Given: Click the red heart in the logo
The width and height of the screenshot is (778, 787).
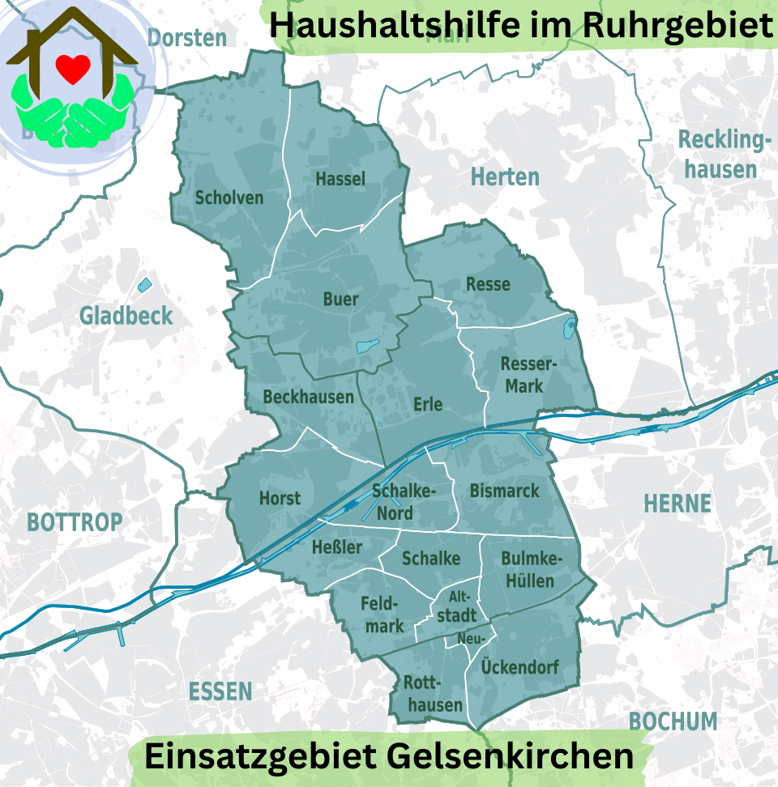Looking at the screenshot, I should point(74,70).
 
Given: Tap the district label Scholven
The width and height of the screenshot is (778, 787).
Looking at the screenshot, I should point(229,198).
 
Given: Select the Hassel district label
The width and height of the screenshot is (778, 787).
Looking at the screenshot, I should point(340,179).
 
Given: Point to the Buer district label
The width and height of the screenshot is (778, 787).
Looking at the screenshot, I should point(340,300).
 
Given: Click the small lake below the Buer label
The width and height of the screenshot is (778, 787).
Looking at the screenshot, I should point(368,347).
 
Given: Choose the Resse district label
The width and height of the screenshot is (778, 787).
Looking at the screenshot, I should point(488,283).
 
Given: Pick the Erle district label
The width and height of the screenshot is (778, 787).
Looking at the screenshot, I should point(428,403).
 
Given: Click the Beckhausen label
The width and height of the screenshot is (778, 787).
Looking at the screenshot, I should point(309,397).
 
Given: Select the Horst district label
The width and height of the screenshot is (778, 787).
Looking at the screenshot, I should point(280,498).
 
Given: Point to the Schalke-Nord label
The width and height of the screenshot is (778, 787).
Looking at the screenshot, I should point(403,502).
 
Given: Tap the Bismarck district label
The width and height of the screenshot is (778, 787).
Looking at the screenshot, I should point(504,490).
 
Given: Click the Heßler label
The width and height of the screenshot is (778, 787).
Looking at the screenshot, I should point(337,547).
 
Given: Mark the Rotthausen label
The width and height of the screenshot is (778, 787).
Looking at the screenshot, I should point(435,694).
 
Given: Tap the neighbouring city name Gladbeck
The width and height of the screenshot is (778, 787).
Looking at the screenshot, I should point(126,316).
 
